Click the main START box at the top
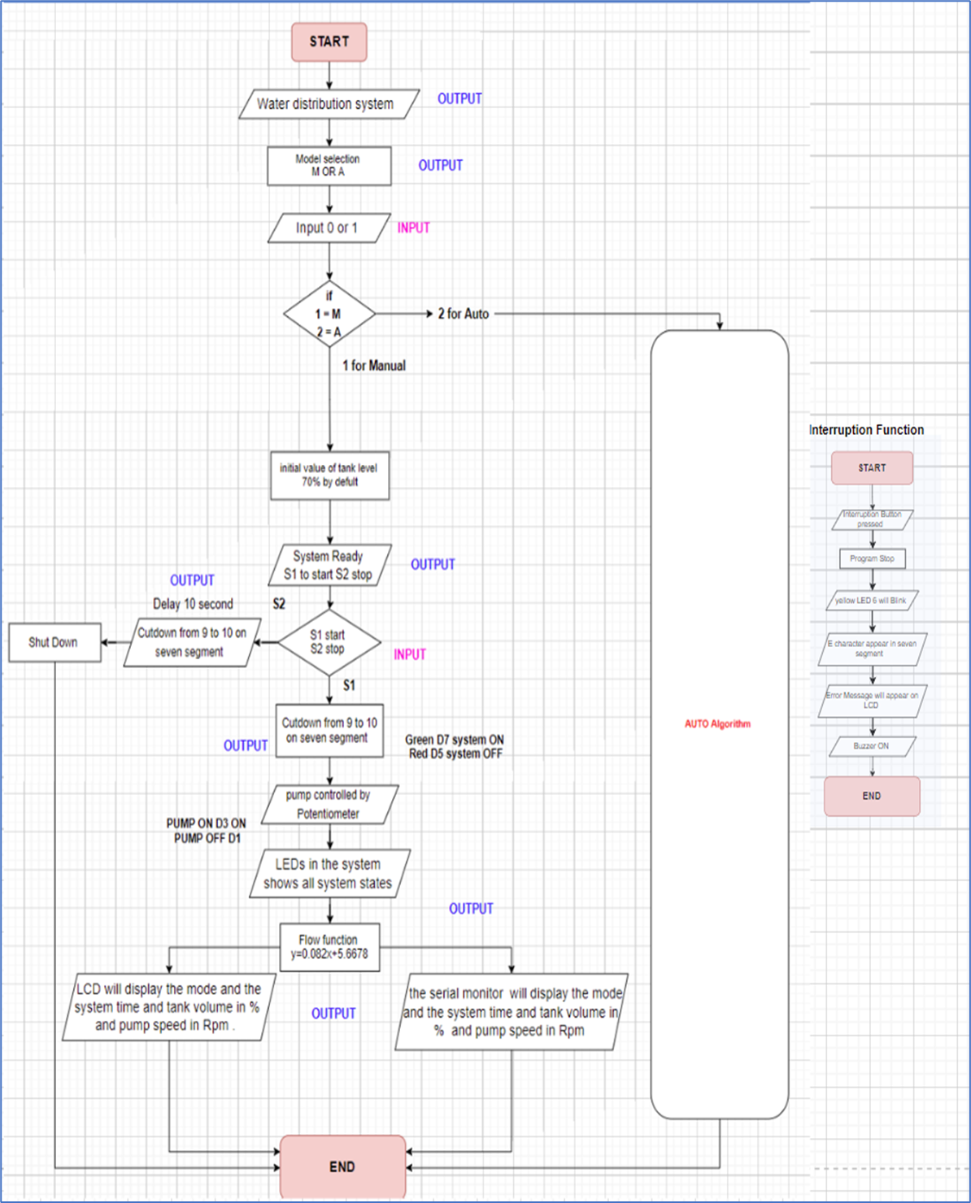(x=329, y=41)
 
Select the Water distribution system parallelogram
(x=329, y=104)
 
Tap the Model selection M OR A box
(x=329, y=166)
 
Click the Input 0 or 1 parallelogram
(x=329, y=228)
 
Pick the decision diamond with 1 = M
(x=329, y=314)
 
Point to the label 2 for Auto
(x=464, y=314)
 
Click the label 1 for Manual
(x=374, y=366)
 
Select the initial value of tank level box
(x=329, y=476)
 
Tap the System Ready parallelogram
(x=329, y=565)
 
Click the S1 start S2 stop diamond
(x=329, y=642)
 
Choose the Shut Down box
(x=54, y=642)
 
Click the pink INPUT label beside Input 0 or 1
(x=413, y=228)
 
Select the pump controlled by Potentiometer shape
(x=329, y=804)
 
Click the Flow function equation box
(x=329, y=947)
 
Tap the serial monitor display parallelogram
(x=512, y=1012)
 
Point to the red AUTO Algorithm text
(x=717, y=723)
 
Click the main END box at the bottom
(x=342, y=1166)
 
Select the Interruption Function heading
(x=867, y=430)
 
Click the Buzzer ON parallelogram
(x=872, y=746)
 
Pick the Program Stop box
(x=872, y=558)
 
